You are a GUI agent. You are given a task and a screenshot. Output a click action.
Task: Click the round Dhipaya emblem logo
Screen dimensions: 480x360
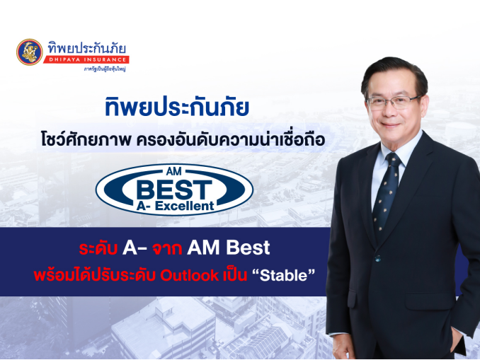click(x=30, y=52)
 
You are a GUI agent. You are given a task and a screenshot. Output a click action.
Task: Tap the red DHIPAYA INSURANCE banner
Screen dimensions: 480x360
click(x=86, y=59)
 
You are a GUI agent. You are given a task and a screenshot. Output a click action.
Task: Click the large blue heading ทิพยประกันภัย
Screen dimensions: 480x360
click(x=176, y=107)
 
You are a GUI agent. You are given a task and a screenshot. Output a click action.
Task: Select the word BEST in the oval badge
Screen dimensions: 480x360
click(x=174, y=190)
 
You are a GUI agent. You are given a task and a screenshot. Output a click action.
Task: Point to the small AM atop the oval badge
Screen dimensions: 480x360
click(x=174, y=171)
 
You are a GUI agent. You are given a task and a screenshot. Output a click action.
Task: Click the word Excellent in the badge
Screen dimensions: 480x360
click(x=184, y=206)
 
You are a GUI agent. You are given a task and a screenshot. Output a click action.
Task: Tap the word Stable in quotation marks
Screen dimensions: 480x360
click(x=283, y=275)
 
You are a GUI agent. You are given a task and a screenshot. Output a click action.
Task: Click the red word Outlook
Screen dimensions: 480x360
click(x=190, y=275)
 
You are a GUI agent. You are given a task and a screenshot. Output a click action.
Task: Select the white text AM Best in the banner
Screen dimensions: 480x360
click(x=229, y=248)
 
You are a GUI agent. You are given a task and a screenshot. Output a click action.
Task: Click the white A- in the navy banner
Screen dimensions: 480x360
click(x=135, y=248)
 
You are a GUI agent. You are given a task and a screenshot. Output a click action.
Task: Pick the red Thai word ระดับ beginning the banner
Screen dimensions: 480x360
click(x=98, y=248)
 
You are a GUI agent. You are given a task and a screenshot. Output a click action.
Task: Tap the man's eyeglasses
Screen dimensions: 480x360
click(x=394, y=103)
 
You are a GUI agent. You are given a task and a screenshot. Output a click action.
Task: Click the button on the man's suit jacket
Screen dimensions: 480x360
click(x=378, y=258)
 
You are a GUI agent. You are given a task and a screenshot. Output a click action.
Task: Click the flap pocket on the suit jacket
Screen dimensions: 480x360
click(x=430, y=301)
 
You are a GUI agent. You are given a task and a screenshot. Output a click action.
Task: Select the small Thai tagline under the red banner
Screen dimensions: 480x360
click(x=105, y=69)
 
